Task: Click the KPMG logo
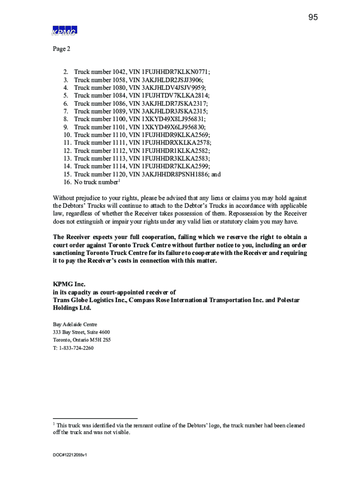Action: (x=64, y=30)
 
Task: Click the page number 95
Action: (x=313, y=17)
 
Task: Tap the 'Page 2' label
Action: (x=62, y=49)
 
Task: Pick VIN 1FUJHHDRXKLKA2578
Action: (x=176, y=143)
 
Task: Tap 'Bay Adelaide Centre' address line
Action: (x=75, y=324)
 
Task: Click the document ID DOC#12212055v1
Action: (x=70, y=454)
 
